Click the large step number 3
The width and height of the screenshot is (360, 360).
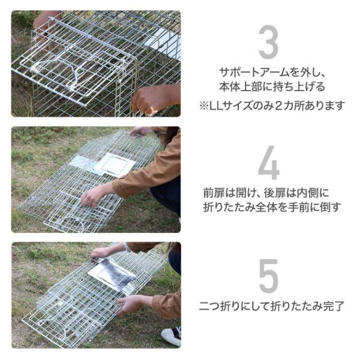(x=268, y=42)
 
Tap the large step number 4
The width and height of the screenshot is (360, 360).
(x=269, y=163)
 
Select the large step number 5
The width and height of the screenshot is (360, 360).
(x=268, y=276)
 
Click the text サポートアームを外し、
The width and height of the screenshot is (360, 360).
(x=272, y=73)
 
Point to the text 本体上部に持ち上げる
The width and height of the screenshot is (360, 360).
(x=272, y=87)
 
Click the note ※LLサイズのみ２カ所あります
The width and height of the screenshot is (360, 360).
(x=272, y=106)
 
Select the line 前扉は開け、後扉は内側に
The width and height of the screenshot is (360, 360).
(x=266, y=193)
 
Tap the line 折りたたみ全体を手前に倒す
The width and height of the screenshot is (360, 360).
(x=272, y=207)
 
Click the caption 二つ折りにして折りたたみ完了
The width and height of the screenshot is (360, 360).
(x=272, y=306)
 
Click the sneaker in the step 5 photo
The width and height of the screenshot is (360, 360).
(x=172, y=335)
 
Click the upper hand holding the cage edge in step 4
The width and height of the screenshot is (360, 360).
(x=140, y=131)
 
